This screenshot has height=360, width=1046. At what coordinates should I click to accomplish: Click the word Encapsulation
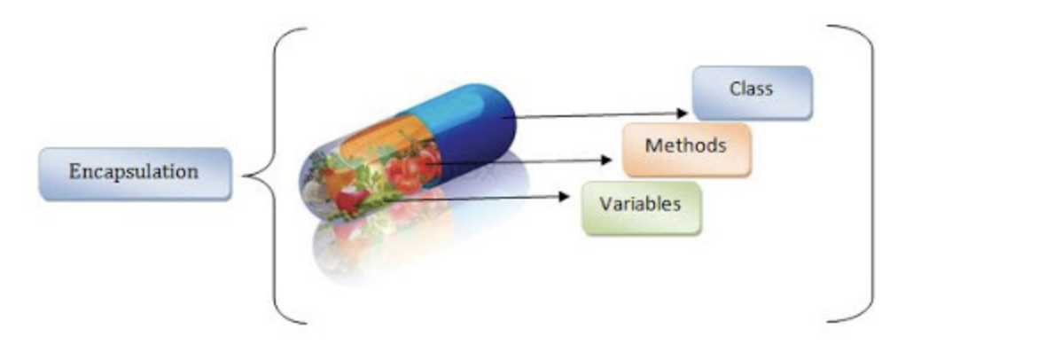point(134,171)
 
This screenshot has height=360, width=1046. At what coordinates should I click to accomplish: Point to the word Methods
point(685,145)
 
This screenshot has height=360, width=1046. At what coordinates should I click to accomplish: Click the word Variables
point(640,203)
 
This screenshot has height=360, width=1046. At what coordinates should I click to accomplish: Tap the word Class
point(751,89)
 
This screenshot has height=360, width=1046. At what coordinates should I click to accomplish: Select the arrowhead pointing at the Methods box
point(607,160)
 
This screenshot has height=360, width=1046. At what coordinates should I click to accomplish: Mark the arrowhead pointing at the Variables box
point(564,197)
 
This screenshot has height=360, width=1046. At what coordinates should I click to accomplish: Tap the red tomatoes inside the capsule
point(408,168)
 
